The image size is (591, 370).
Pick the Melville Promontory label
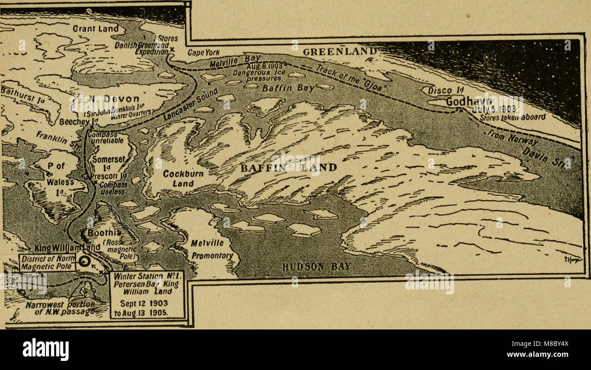pos(212,249)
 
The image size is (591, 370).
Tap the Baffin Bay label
pos(288,88)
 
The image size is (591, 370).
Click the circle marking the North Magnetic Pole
pos(83,261)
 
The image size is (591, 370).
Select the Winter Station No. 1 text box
pos(147,295)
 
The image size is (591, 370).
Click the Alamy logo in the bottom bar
pos(45,350)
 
